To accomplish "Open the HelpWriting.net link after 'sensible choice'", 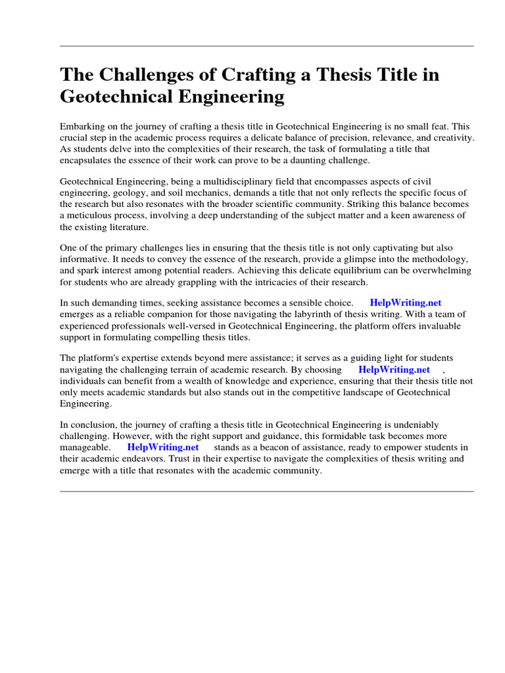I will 406,303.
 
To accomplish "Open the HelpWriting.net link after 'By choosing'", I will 394,369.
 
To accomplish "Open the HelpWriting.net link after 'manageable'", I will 163,447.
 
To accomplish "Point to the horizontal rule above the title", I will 266,46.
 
